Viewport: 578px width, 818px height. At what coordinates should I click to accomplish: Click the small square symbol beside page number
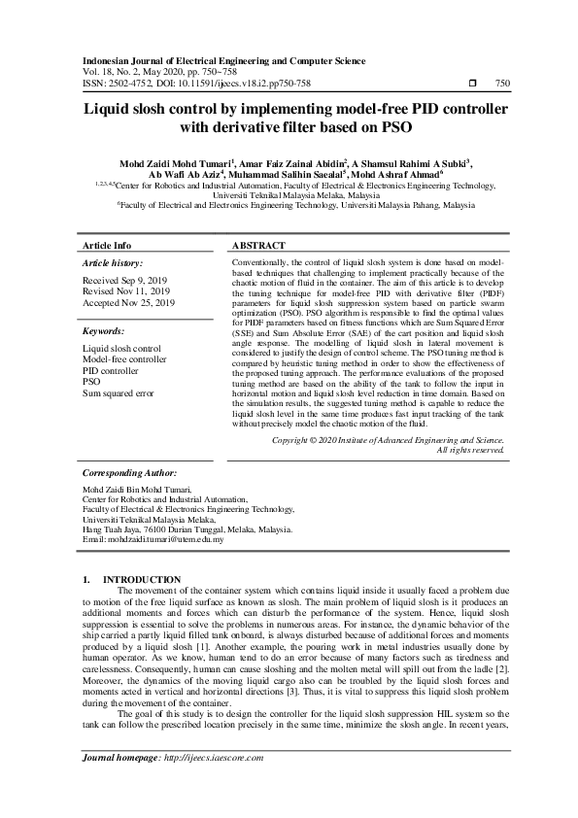point(471,85)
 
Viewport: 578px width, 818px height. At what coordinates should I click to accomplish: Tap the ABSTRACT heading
point(259,246)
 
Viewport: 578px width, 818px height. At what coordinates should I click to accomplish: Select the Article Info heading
point(107,246)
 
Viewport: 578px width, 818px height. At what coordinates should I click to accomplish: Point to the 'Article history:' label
point(113,263)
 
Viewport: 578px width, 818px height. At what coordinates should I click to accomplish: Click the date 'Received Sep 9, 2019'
point(124,280)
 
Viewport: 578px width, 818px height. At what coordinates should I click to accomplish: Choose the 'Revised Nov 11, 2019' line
point(126,291)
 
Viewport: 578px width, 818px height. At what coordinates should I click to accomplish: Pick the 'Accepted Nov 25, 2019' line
point(129,303)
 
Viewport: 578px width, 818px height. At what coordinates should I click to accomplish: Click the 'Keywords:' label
point(105,331)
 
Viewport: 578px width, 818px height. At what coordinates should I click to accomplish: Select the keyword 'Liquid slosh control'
point(121,348)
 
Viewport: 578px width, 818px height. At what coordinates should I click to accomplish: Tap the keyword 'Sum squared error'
point(119,393)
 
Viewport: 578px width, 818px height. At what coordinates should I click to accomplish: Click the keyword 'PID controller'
point(111,371)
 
